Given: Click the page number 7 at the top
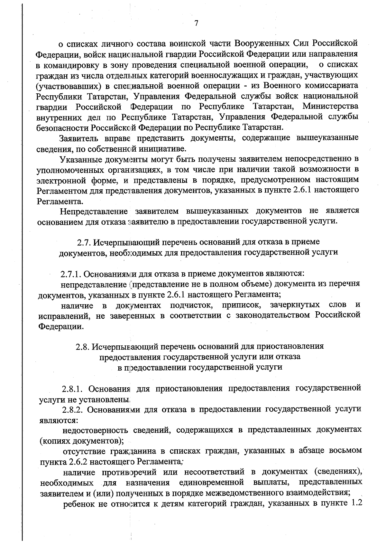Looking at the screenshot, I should (197, 23).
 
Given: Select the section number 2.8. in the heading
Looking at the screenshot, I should (83, 346).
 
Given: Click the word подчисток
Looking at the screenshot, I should (191, 305).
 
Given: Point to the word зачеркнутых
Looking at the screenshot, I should (295, 305).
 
